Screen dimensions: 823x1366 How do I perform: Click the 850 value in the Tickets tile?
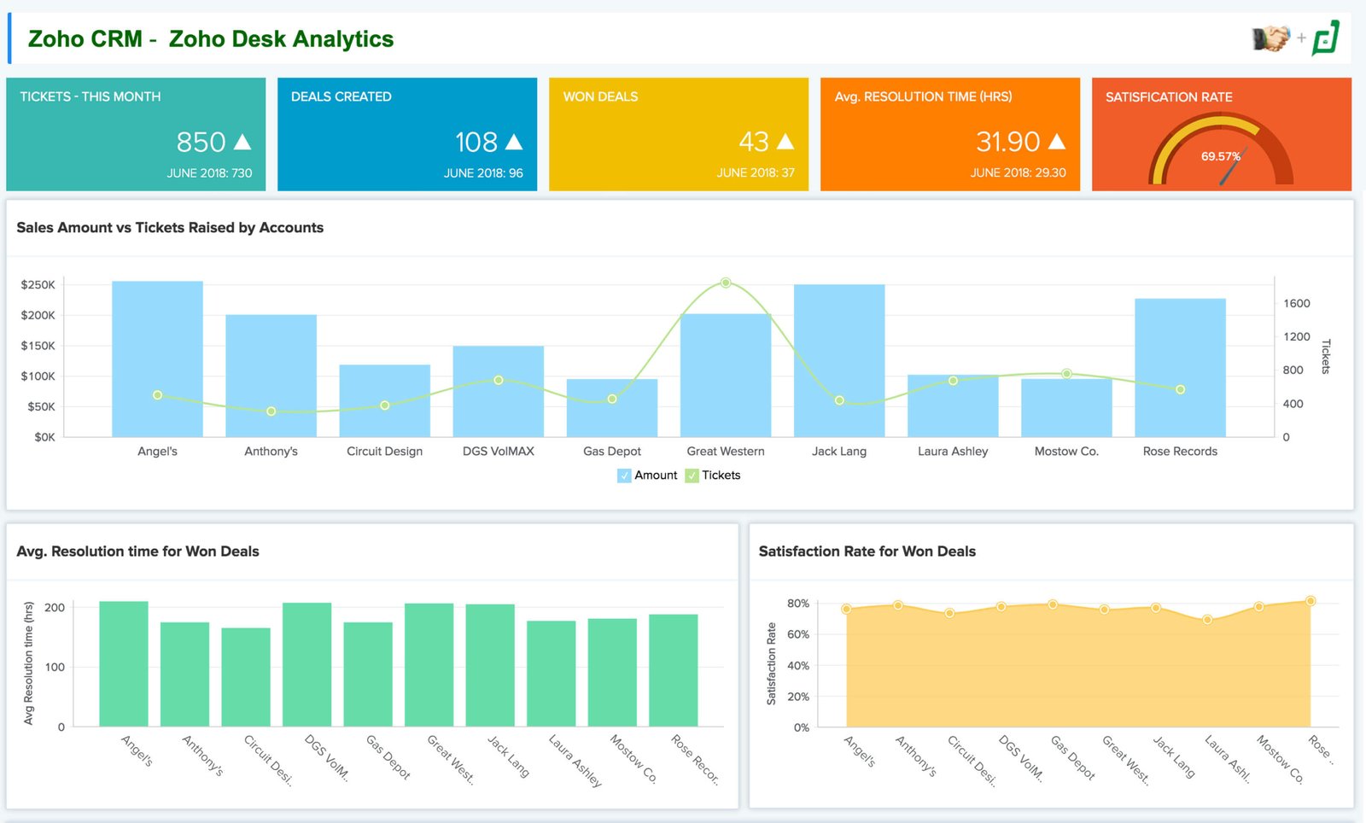(201, 142)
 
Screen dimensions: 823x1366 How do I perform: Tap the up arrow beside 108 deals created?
(514, 142)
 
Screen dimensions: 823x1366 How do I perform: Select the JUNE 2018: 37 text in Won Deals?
(755, 172)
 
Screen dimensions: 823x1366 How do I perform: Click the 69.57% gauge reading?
(1220, 156)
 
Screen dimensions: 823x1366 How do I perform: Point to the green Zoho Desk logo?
(1326, 38)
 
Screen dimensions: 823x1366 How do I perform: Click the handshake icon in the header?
(1270, 38)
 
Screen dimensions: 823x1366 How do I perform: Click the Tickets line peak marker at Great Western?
(726, 283)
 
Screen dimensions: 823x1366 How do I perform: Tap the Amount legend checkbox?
(624, 476)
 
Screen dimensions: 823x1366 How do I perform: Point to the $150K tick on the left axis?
(38, 346)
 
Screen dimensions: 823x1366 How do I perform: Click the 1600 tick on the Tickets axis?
(1296, 303)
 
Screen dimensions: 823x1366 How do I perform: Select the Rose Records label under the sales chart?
(1180, 451)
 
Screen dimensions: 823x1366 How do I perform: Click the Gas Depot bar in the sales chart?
(611, 408)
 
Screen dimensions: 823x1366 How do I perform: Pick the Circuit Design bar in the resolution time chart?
(246, 677)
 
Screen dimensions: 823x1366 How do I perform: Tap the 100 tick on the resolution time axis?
(55, 667)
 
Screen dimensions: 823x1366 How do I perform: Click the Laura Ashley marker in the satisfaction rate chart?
(1207, 619)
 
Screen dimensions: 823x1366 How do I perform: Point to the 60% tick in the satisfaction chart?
(797, 634)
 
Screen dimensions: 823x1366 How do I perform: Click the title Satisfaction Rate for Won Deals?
(867, 552)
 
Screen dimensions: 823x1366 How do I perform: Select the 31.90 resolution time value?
(1007, 142)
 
